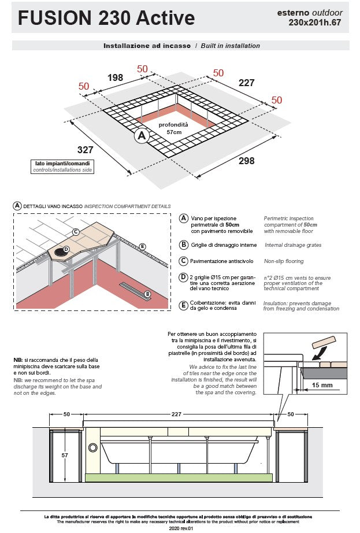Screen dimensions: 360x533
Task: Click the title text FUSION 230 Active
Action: click(106, 18)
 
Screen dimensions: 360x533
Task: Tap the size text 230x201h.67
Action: click(314, 23)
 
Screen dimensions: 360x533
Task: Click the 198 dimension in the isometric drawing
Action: click(115, 77)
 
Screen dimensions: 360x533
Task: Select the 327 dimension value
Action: click(86, 150)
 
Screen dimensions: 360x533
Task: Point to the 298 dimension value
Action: click(247, 161)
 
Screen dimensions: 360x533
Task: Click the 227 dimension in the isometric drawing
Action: click(247, 83)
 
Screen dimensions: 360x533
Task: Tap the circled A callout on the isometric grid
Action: click(142, 136)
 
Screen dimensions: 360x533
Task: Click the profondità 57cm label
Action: click(173, 128)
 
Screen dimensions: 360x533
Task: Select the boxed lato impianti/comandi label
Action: click(62, 166)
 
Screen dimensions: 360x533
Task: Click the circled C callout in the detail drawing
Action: click(76, 232)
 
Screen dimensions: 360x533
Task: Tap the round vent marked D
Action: click(61, 252)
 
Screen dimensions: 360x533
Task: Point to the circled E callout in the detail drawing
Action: click(143, 246)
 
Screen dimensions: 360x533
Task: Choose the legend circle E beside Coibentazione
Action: click(183, 305)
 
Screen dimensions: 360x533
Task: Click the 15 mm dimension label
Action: click(322, 385)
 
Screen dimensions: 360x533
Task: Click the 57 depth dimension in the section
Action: click(65, 455)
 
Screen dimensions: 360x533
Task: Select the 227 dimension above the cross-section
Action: click(176, 414)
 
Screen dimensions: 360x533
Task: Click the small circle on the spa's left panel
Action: click(92, 447)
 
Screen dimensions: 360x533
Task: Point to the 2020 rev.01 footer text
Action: click(181, 528)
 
